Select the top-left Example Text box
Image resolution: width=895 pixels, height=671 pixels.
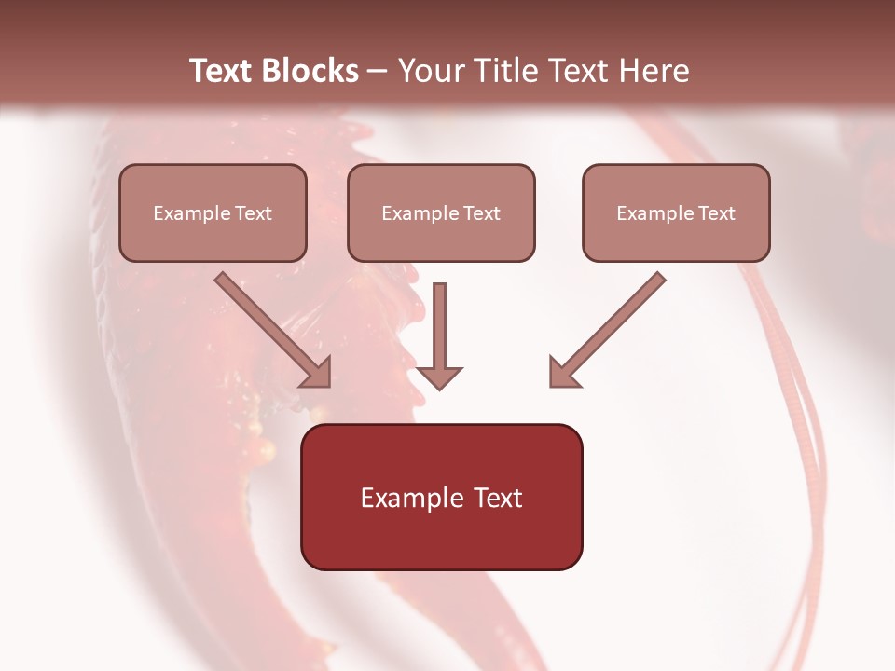point(213,212)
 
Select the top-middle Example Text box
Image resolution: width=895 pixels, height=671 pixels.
point(441,212)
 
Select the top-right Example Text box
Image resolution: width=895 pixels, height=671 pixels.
point(676,212)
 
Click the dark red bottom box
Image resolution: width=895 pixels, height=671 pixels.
point(441,498)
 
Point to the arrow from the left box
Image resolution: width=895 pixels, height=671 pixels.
point(270,328)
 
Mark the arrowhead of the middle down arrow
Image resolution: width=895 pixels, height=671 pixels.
point(439,377)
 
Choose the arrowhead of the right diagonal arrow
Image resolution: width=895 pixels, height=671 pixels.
point(563,373)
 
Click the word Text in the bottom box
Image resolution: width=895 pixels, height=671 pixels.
point(497,498)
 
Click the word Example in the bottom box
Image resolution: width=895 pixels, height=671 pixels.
point(412,498)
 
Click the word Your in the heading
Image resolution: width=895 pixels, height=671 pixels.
point(430,71)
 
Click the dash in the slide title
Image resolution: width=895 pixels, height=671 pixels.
point(378,71)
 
